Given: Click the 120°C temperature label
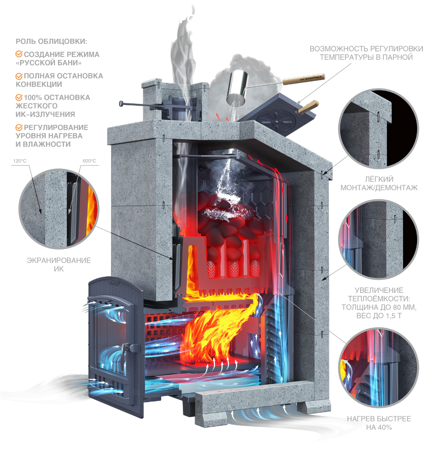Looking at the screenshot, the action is pos(20,161).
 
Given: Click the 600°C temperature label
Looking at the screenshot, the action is pos(89,161).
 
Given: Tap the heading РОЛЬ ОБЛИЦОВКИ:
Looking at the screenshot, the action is pos(51,41).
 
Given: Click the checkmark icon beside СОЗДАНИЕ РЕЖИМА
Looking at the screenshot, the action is pos(19,54).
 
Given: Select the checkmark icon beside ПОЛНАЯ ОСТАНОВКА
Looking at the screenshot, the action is pos(19,76).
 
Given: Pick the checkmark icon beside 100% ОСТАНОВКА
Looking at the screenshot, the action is pos(19,97).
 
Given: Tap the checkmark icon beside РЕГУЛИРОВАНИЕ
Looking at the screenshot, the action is pos(19,128).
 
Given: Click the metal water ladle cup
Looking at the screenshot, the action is pos(237,87).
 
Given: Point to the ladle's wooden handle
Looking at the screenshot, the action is pos(303,79).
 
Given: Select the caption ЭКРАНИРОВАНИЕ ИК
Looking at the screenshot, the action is pos(59,265).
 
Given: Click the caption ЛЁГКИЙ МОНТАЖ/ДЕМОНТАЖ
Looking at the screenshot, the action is pos(379,183).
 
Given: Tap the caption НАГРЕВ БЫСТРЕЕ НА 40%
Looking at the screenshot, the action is pos(379,423).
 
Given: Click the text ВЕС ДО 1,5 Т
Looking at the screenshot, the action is pos(379,316).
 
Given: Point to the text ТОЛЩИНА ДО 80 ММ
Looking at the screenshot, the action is pos(379,307).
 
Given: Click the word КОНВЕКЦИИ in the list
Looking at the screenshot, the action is pos(39,84).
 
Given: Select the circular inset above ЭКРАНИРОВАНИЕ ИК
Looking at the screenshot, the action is pos(59,209).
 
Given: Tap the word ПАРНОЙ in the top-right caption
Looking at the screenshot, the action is pos(398,57).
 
